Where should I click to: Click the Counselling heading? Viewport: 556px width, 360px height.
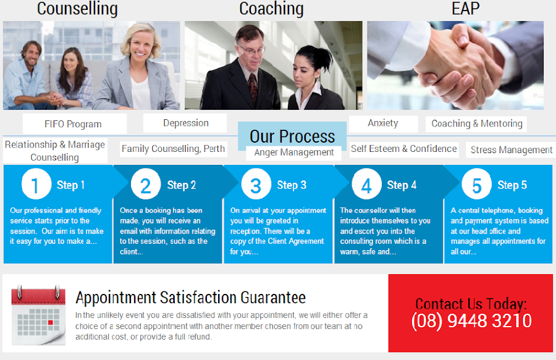pyautogui.click(x=77, y=9)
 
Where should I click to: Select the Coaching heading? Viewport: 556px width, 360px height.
pyautogui.click(x=271, y=9)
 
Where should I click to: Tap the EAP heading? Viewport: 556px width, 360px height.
pyautogui.click(x=465, y=9)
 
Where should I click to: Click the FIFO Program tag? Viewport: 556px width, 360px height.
pyautogui.click(x=73, y=124)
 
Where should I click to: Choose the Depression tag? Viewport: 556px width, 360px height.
pyautogui.click(x=185, y=123)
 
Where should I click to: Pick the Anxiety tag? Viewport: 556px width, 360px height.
pyautogui.click(x=383, y=123)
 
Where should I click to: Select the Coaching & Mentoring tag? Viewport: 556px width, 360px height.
pyautogui.click(x=476, y=123)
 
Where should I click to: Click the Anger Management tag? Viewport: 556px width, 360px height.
pyautogui.click(x=294, y=153)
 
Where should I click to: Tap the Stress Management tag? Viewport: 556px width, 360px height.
pyautogui.click(x=512, y=150)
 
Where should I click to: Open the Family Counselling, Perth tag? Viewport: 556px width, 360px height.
pyautogui.click(x=173, y=149)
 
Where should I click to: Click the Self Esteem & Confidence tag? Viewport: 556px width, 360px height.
pyautogui.click(x=404, y=149)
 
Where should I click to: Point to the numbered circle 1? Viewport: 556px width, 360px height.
pyautogui.click(x=36, y=184)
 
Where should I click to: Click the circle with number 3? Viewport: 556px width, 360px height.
pyautogui.click(x=256, y=184)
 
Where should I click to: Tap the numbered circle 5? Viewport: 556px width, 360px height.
pyautogui.click(x=476, y=184)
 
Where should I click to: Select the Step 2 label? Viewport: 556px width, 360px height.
pyautogui.click(x=182, y=185)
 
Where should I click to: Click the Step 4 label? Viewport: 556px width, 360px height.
pyautogui.click(x=402, y=185)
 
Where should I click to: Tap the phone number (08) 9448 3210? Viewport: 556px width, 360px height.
pyautogui.click(x=471, y=320)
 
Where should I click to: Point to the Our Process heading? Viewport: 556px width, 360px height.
pyautogui.click(x=292, y=136)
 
